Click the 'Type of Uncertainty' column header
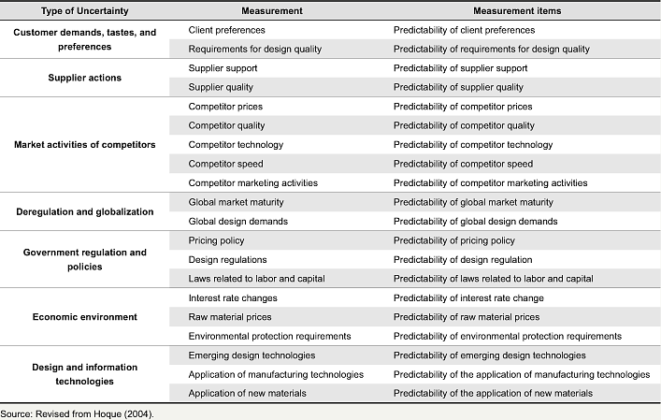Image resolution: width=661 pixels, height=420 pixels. (85, 11)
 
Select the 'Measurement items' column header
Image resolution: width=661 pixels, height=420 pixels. (517, 11)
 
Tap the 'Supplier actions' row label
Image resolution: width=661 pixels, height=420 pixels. (85, 78)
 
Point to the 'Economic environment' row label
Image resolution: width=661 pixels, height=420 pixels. (85, 317)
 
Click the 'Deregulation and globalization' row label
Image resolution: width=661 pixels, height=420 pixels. (85, 211)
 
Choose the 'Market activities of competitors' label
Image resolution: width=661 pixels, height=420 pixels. (85, 145)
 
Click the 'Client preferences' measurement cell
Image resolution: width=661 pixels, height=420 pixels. (227, 30)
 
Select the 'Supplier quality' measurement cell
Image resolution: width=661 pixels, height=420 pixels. (221, 87)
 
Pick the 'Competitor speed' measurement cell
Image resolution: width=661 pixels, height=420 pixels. (225, 164)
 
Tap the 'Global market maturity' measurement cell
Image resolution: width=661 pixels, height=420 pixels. (236, 202)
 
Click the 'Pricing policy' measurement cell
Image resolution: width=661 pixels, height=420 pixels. (216, 240)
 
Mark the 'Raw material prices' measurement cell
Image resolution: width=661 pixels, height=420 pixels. (230, 317)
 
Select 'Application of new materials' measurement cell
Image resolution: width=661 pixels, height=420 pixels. (247, 394)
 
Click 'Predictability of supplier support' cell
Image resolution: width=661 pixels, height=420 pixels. (460, 68)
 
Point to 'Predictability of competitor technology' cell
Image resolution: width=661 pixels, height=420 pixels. (473, 145)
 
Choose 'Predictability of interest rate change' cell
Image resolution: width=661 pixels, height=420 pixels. (468, 298)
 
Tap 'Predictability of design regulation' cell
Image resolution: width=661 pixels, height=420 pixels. (463, 260)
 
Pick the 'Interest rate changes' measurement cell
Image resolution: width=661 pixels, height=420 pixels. (233, 298)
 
